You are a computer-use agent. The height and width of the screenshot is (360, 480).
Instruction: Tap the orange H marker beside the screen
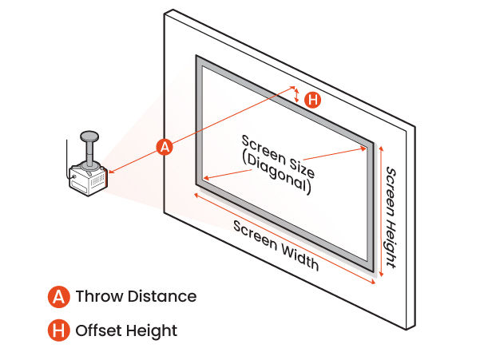(313, 100)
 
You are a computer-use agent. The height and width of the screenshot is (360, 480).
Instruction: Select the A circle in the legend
(58, 297)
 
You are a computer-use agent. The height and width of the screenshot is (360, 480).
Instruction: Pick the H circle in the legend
(58, 330)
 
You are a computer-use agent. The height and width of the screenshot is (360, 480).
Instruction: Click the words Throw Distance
(136, 297)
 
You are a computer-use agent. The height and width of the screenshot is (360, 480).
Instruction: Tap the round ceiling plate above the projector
(89, 136)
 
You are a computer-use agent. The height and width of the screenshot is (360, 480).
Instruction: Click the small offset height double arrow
(297, 96)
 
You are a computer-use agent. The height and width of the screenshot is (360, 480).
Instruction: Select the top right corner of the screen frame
(373, 144)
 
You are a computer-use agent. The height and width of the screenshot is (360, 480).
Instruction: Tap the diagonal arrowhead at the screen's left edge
(207, 178)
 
